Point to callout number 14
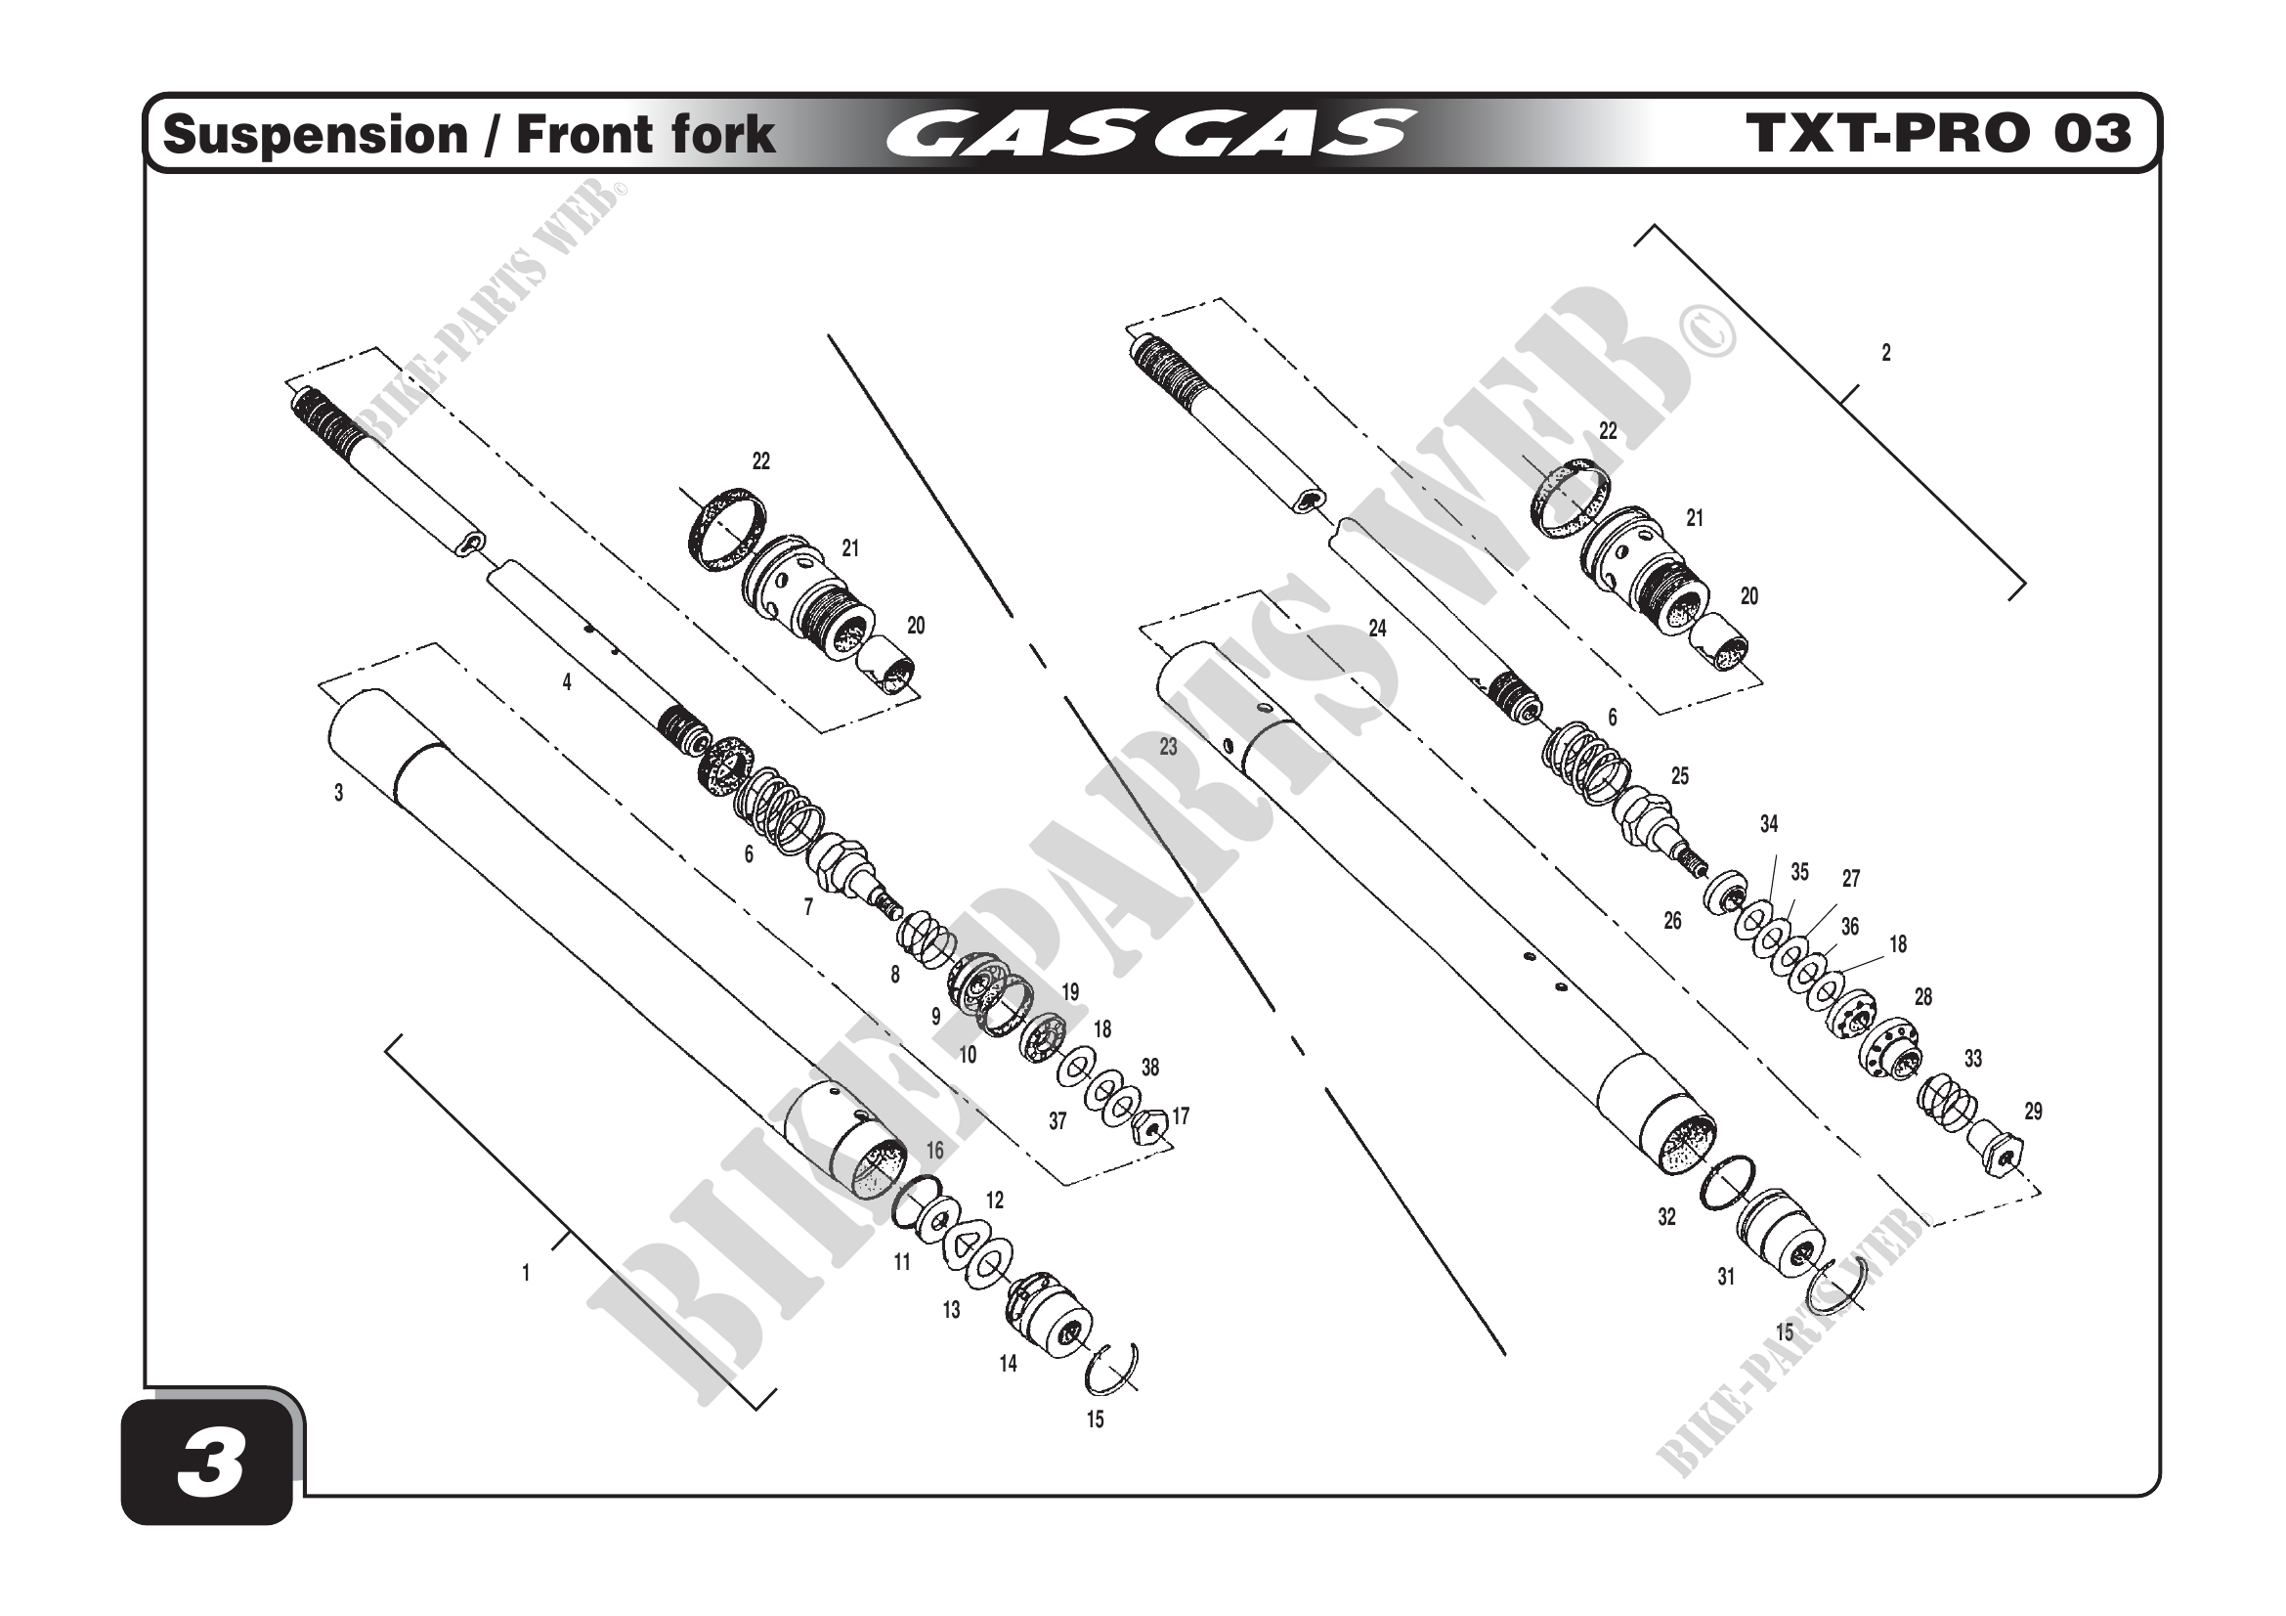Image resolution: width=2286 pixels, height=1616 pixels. [x=1008, y=1363]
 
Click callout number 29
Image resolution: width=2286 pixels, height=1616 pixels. [x=2033, y=1112]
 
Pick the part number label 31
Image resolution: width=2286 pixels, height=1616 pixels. [x=1725, y=1277]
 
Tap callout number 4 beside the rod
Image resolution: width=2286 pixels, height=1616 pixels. [x=567, y=682]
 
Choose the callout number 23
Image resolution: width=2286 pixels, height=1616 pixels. [x=1168, y=747]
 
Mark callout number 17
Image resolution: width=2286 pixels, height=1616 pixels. [x=1181, y=1116]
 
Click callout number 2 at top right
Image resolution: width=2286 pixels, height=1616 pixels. [x=1884, y=353]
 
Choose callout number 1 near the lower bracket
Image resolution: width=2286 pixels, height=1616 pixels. [x=526, y=1273]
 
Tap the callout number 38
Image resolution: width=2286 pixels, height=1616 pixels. [x=1150, y=1068]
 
